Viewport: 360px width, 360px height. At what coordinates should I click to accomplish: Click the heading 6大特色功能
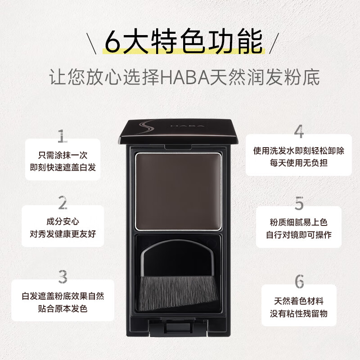[x=180, y=42]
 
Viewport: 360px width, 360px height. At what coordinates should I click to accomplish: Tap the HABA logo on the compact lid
[x=189, y=128]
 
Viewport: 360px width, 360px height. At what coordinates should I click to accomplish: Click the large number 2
[x=63, y=203]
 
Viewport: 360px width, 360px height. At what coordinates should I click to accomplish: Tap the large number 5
[x=299, y=203]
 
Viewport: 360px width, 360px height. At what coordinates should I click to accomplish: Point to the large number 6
[x=299, y=281]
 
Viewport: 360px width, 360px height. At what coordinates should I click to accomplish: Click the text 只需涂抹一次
[x=63, y=155]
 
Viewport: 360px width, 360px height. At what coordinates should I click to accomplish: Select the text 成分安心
[x=63, y=221]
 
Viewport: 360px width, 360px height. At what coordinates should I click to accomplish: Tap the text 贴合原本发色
[x=63, y=309]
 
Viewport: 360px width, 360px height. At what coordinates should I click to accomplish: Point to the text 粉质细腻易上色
[x=299, y=223]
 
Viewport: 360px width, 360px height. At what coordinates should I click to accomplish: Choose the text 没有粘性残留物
[x=299, y=313]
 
